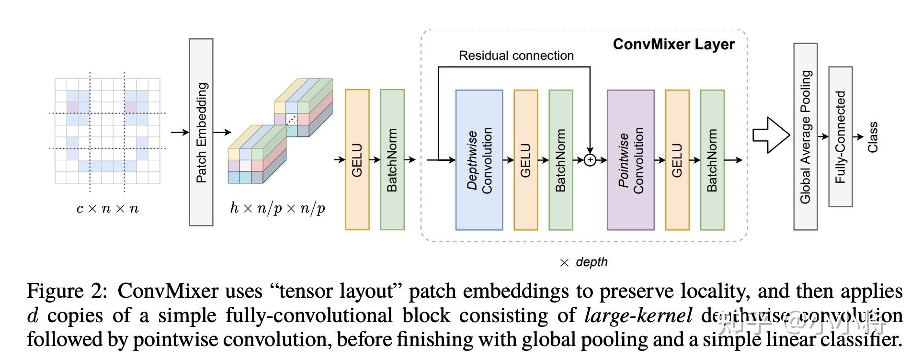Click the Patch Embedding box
201,132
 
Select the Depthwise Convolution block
479,160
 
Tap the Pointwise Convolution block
630,160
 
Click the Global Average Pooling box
806,136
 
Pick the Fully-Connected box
840,136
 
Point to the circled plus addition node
590,160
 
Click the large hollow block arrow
770,135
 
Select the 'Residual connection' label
516,56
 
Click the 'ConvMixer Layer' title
673,45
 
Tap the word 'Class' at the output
873,137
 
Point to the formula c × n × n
107,208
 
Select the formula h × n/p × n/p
277,208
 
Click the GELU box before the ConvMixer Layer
357,160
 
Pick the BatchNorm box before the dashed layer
392,160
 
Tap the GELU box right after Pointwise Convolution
677,160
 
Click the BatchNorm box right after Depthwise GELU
561,160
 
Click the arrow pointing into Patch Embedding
180,132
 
